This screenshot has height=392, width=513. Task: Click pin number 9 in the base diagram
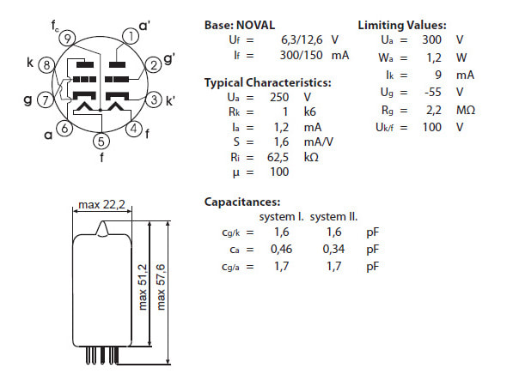[x=67, y=39]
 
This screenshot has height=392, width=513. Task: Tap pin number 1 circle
[x=131, y=36]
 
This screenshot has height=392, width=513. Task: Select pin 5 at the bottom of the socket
[x=101, y=142]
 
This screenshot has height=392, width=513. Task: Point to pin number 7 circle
[x=46, y=100]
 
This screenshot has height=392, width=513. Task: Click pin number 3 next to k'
[x=154, y=100]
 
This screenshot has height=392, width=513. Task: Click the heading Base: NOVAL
[x=240, y=25]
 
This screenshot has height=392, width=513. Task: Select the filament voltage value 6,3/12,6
[x=302, y=39]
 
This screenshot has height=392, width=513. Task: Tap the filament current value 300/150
[x=301, y=55]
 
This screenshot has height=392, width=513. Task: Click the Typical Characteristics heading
[x=267, y=82]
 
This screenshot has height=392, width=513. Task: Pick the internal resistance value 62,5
[x=278, y=158]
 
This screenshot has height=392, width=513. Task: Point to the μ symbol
[x=235, y=172]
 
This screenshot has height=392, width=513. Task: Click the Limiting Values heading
[x=402, y=25]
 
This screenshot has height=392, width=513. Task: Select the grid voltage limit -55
[x=433, y=92]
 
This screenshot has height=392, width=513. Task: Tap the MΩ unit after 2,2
[x=466, y=110]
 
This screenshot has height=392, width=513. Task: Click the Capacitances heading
[x=242, y=202]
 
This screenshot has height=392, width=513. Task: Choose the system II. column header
[x=333, y=217]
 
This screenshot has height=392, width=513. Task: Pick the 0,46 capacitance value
[x=281, y=250]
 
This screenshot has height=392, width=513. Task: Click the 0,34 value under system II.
[x=333, y=250]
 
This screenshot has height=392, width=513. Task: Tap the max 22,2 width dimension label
[x=101, y=204]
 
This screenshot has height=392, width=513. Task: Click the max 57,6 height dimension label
[x=161, y=286]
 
